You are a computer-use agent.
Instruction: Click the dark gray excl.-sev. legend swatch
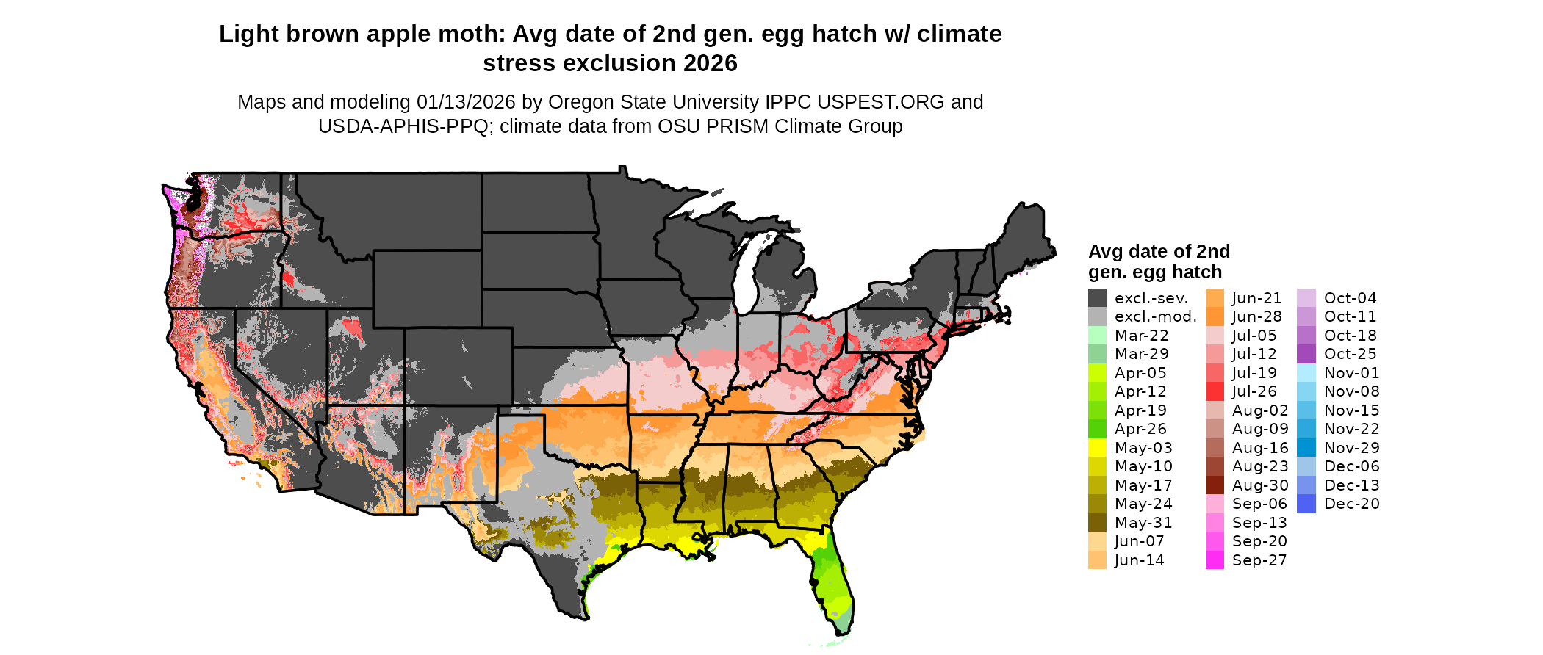(1097, 298)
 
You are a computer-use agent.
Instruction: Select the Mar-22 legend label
(1141, 336)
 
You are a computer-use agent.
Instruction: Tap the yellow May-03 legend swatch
(1097, 448)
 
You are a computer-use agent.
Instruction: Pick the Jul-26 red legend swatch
(1215, 391)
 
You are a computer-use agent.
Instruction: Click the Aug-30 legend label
(1259, 485)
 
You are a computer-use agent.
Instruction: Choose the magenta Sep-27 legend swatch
(1215, 560)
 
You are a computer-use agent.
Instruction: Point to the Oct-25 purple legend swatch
(1306, 354)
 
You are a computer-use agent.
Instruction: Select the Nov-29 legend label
(1351, 448)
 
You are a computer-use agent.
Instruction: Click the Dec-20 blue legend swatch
(1306, 504)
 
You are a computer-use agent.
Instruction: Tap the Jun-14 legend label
(1139, 560)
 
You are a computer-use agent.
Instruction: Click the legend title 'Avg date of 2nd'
(1159, 252)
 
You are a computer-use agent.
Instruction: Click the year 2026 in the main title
(710, 64)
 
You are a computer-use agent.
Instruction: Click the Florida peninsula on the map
(835, 587)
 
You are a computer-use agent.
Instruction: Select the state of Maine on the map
(1025, 235)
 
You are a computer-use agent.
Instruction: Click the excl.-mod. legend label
(1155, 316)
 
